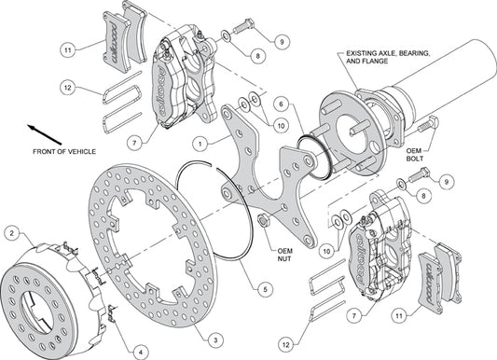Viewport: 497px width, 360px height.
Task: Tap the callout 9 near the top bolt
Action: pos(281,40)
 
